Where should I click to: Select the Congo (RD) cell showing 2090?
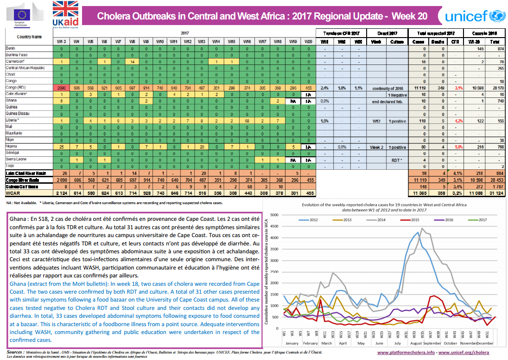coord(62,88)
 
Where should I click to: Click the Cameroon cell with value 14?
coord(133,61)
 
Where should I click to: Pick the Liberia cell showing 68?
coord(248,121)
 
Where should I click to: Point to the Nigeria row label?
coord(12,146)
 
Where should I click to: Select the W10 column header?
coord(160,42)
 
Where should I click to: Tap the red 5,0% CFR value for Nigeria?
coord(458,147)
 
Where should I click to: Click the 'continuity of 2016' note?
coord(387,88)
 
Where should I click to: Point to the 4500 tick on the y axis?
coord(274,228)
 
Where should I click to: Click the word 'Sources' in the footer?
coord(16,352)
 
